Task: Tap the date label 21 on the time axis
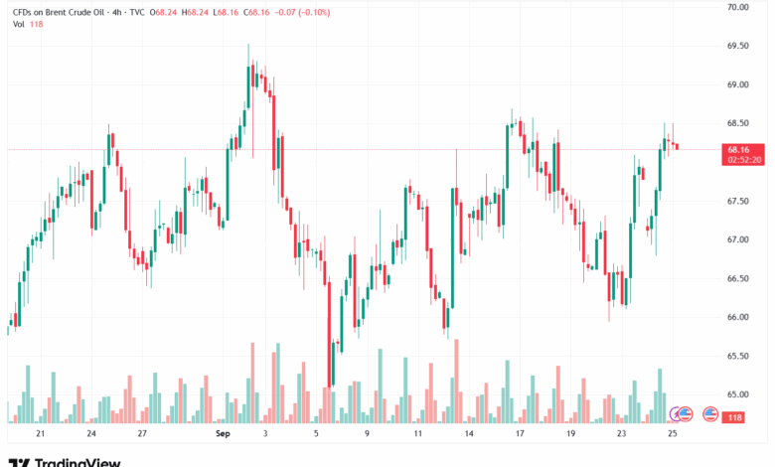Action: (x=40, y=434)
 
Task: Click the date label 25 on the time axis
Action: (x=673, y=434)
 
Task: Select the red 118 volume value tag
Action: (x=735, y=416)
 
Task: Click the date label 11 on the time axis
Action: (x=418, y=434)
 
